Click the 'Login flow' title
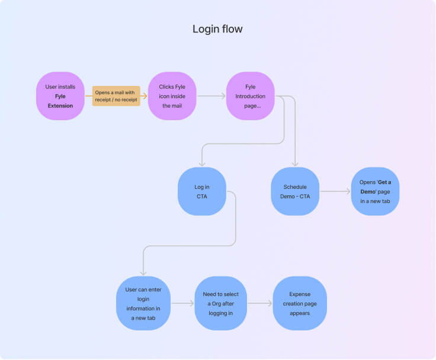pos(217,29)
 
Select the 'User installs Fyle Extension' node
pos(60,96)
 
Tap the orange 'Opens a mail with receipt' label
pos(116,96)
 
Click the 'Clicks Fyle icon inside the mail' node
pos(172,96)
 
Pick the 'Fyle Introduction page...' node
pos(250,96)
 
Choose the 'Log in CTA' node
pos(202,191)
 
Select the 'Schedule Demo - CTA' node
pos(295,191)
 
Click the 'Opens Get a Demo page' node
pos(375,191)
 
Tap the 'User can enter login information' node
pos(143,303)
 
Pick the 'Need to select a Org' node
pos(221,303)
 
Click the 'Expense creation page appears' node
pos(299,303)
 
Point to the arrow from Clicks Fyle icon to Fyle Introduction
pos(211,96)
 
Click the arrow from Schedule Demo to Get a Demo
pos(335,191)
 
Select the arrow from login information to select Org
pos(182,303)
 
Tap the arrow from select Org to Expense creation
pos(260,303)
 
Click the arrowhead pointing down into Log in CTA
pos(202,164)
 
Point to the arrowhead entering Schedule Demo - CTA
pos(295,164)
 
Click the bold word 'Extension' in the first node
pos(60,106)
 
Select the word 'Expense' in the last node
pos(299,294)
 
